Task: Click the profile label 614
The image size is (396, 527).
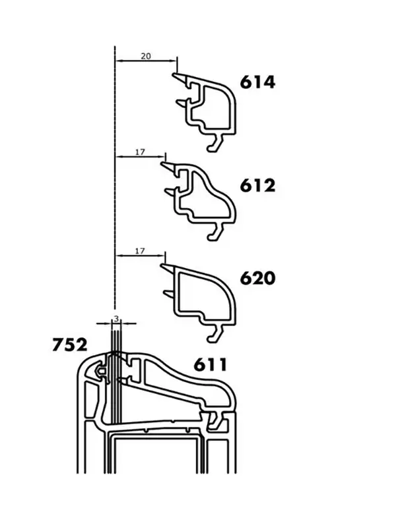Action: pos(257,82)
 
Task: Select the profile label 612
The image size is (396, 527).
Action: pos(257,186)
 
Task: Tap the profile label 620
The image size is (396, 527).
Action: pos(257,278)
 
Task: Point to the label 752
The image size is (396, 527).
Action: pos(70,345)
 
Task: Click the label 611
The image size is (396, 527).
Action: pos(211,365)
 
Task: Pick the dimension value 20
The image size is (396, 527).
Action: pos(145,56)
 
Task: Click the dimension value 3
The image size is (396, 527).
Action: pos(116,319)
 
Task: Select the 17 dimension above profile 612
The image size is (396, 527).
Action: pos(140,152)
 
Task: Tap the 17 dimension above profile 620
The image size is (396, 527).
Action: pos(140,251)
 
